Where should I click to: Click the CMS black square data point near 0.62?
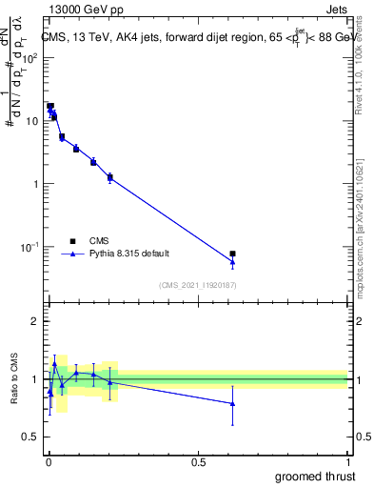[x=232, y=254]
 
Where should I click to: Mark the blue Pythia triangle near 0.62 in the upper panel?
[x=232, y=261]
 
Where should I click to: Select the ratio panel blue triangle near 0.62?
[x=232, y=403]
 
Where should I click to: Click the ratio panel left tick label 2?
[x=35, y=321]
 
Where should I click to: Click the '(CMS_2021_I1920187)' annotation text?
[x=198, y=284]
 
